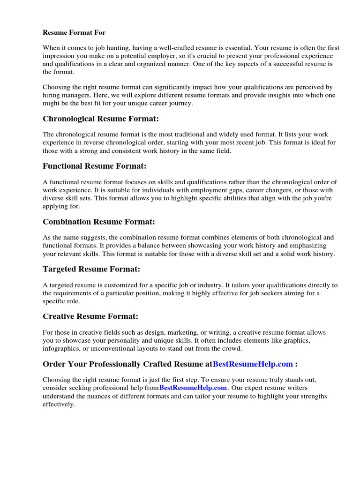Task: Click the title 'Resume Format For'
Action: click(x=74, y=33)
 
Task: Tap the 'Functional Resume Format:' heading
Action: click(x=94, y=166)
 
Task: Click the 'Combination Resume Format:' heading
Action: click(x=98, y=222)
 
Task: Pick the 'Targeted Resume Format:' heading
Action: click(x=91, y=269)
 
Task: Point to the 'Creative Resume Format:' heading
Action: click(x=90, y=316)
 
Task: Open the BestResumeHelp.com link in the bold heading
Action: click(x=253, y=364)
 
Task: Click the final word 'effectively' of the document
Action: click(x=58, y=404)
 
